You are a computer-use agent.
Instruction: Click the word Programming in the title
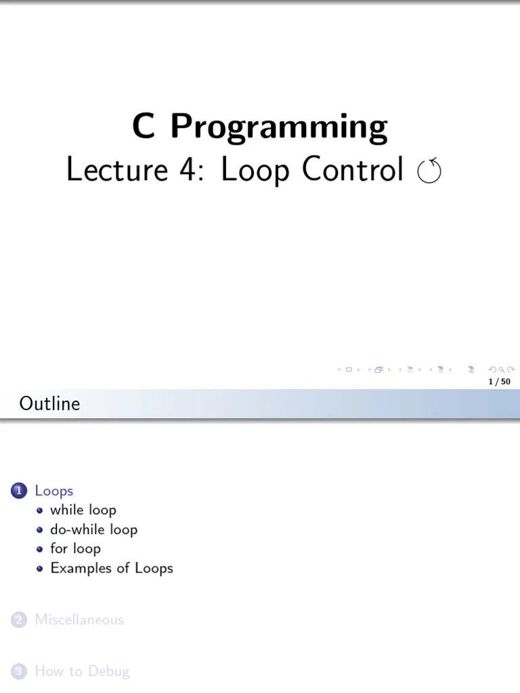pos(278,127)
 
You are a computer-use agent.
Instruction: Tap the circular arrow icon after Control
pos(429,171)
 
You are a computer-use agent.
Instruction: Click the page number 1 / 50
pos(499,382)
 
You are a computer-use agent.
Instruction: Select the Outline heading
pos(49,403)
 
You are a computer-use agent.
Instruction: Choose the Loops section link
pos(53,491)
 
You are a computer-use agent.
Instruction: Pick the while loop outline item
pos(83,510)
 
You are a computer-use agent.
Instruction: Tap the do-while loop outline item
pos(93,529)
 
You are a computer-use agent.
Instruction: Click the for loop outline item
pos(75,548)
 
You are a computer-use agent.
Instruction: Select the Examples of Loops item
pos(112,568)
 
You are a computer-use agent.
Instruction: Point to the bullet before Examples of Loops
pos(40,568)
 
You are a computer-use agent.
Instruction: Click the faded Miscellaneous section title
pos(79,619)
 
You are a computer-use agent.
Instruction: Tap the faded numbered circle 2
pos(18,619)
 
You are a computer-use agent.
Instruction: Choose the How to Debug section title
pos(82,671)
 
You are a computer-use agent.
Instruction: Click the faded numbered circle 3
pos(18,671)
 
